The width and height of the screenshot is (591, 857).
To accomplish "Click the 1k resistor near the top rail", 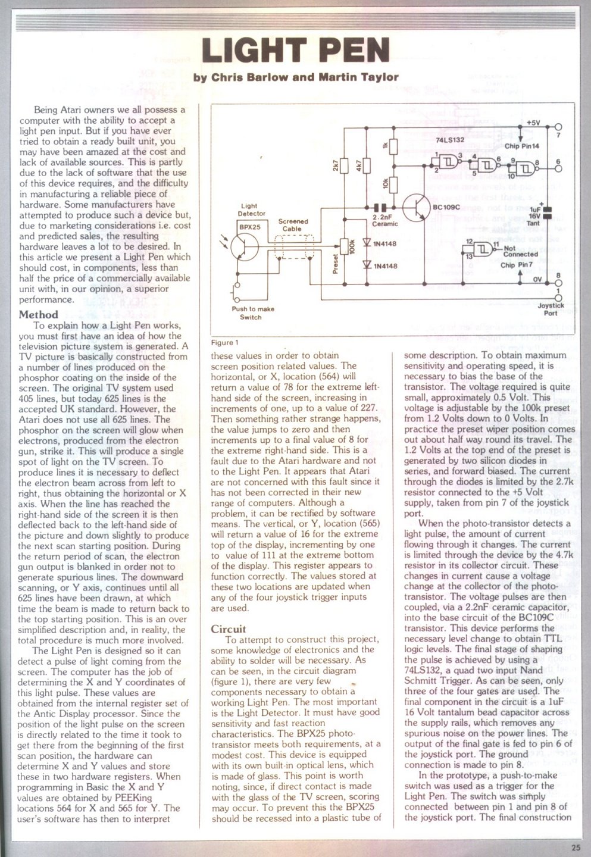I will [x=394, y=145].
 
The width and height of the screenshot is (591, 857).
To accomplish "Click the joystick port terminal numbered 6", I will [x=558, y=168].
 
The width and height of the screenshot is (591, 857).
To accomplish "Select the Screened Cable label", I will [x=293, y=224].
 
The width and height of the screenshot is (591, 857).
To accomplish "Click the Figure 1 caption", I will [x=225, y=343].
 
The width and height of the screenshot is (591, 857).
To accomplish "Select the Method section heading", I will [x=39, y=314].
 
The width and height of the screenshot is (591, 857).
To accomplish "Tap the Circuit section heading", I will [x=229, y=629].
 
